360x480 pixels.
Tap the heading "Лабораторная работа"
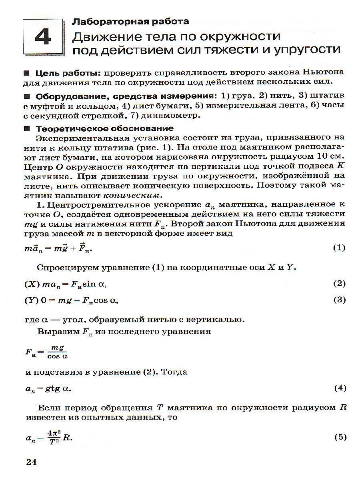[130, 21]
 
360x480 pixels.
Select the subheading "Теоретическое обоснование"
[105, 128]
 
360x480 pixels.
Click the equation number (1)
[339, 248]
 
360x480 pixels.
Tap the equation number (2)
[339, 284]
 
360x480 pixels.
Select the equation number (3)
[339, 300]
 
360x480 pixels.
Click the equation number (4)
[339, 388]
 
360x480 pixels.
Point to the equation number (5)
[339, 437]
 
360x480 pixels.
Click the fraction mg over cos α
[58, 352]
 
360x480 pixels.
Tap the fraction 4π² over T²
[56, 437]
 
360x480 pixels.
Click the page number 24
[31, 462]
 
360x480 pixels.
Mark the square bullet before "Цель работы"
[27, 74]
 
